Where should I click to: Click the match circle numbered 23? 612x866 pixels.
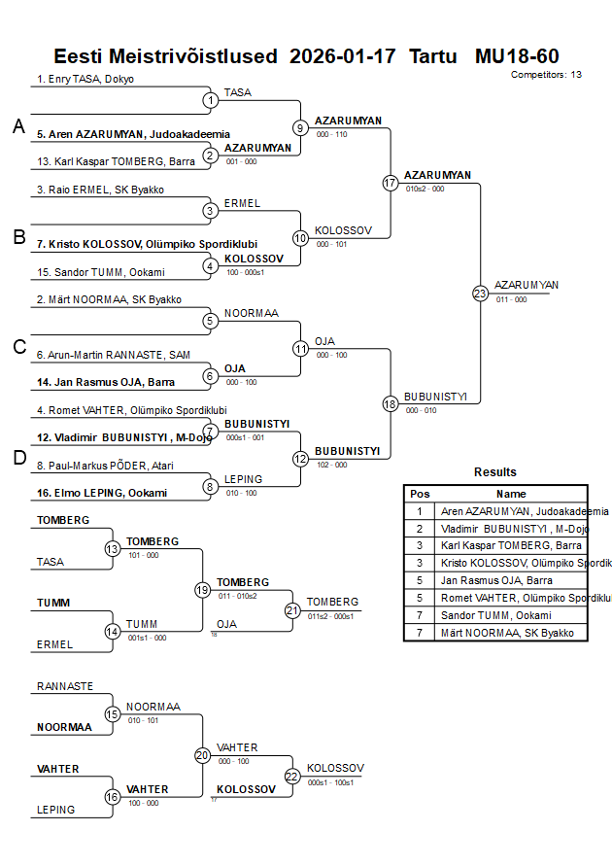(480, 293)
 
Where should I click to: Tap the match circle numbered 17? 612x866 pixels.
(391, 183)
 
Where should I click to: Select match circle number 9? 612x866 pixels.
(300, 127)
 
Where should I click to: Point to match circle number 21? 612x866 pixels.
(292, 610)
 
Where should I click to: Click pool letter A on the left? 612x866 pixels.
(18, 126)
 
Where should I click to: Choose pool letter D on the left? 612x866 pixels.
(18, 459)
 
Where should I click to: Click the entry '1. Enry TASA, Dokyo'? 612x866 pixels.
(85, 79)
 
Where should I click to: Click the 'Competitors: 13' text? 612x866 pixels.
(546, 74)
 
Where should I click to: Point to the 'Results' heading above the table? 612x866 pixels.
(495, 472)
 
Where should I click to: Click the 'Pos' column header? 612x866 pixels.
(420, 494)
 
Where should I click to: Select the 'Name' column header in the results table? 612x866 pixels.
(512, 494)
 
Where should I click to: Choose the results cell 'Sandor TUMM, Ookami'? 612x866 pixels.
(495, 615)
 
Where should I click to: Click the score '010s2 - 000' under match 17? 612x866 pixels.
(425, 190)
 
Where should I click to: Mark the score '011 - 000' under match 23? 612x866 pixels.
(511, 299)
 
